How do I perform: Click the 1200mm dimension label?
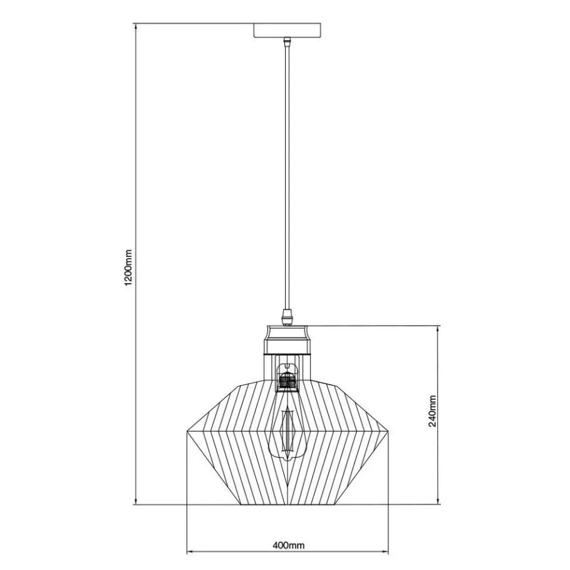[x=128, y=267]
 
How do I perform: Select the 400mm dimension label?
[x=288, y=546]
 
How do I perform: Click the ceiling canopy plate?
[x=287, y=30]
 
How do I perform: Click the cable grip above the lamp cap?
[x=287, y=316]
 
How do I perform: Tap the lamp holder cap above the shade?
[x=287, y=339]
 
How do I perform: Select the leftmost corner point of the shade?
[x=187, y=432]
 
